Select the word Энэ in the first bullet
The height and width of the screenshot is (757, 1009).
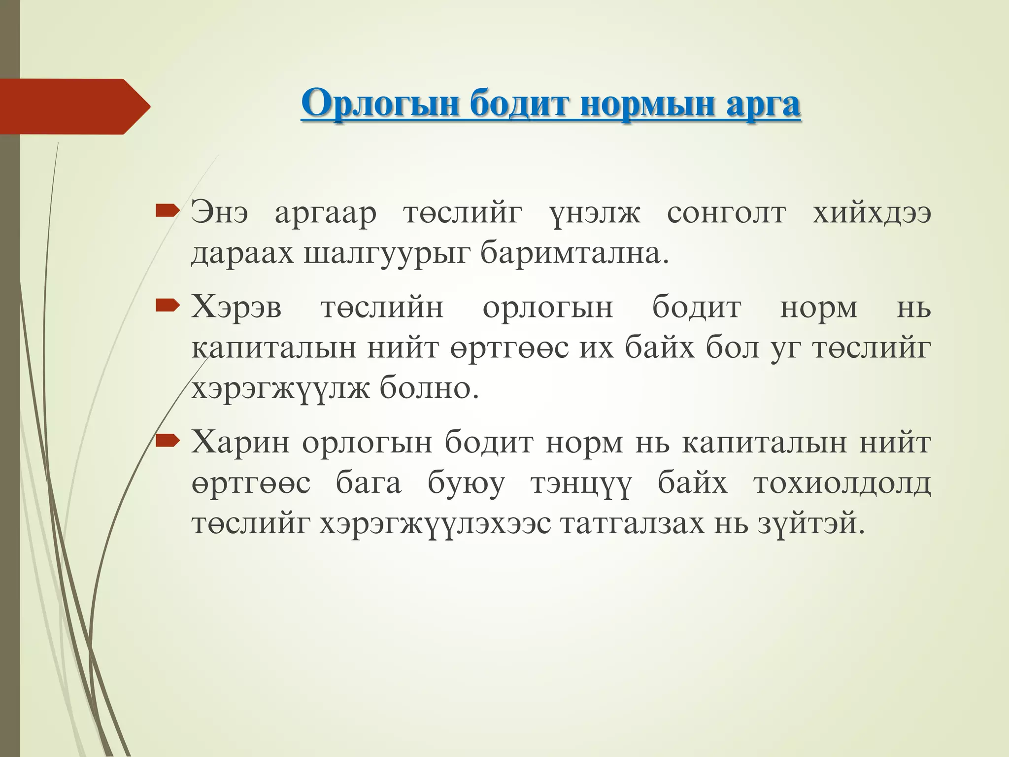pos(220,213)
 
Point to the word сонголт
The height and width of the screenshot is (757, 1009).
pos(726,213)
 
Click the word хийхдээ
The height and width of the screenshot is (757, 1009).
pos(872,213)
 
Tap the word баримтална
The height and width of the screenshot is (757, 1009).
pos(574,253)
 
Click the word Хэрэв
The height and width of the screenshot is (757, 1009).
pos(236,308)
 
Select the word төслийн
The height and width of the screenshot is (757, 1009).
pos(382,308)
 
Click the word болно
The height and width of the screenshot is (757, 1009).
pos(429,388)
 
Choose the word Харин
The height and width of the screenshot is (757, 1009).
pos(240,442)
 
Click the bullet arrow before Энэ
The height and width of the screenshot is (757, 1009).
pos(166,212)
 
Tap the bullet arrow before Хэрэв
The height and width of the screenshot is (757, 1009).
pos(166,307)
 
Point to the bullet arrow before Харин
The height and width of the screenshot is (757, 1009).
pos(166,441)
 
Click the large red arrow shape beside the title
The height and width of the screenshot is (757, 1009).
pos(74,106)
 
